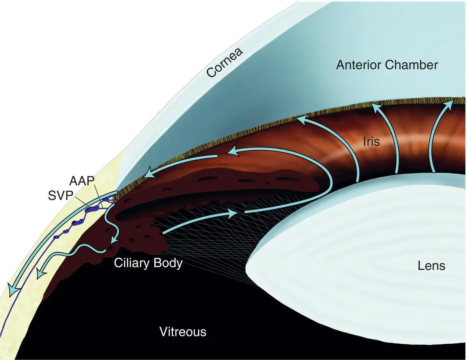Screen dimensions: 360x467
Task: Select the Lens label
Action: click(x=432, y=266)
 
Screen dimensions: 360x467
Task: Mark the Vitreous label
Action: click(x=183, y=332)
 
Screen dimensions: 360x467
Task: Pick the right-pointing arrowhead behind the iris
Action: click(x=232, y=213)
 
